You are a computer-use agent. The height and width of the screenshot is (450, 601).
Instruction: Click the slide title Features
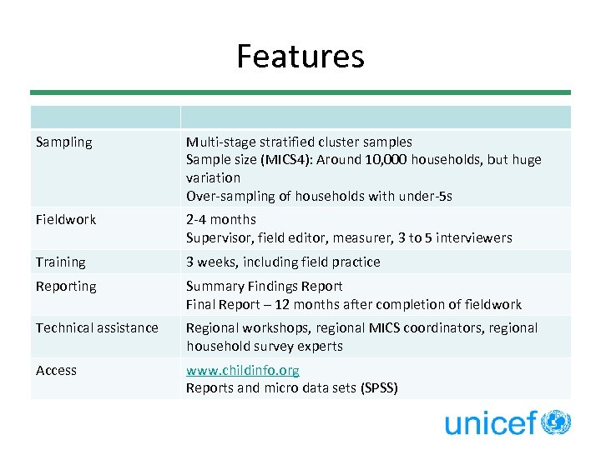300,57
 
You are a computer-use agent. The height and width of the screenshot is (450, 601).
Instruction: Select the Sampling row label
64,142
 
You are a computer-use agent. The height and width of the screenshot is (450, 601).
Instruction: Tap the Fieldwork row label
66,220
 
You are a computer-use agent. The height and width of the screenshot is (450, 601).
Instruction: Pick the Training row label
61,262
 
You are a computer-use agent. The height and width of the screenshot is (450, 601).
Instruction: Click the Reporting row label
66,287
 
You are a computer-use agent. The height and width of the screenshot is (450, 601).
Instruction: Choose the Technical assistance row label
97,328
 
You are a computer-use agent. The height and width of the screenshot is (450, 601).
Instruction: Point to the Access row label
56,370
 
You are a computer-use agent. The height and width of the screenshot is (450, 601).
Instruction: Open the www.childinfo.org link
242,370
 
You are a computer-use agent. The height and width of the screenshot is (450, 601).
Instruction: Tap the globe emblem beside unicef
556,422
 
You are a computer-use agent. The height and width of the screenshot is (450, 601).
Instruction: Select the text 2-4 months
220,220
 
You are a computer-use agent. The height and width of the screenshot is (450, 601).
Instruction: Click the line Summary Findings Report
264,287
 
